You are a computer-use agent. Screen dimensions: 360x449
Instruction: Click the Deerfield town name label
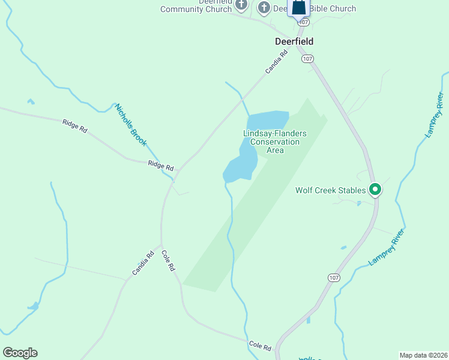(x=294, y=41)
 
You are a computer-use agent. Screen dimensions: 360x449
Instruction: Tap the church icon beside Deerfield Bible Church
(x=264, y=8)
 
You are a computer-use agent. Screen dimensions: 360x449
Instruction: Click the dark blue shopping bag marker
(x=298, y=8)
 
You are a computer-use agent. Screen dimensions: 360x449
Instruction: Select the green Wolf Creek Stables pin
(x=375, y=190)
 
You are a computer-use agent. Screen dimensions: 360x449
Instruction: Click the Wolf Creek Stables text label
(x=330, y=191)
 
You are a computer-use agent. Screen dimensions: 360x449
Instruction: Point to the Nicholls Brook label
(x=131, y=124)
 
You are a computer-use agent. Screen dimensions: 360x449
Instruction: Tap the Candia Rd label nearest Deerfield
(x=277, y=62)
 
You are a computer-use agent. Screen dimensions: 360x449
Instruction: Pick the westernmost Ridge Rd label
(x=75, y=126)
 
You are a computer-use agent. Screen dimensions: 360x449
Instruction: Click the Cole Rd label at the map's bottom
(x=260, y=347)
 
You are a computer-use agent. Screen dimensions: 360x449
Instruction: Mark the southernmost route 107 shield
(x=334, y=277)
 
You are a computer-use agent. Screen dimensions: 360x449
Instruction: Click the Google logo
(x=20, y=353)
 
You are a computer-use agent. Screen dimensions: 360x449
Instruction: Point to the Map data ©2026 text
(x=423, y=355)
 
